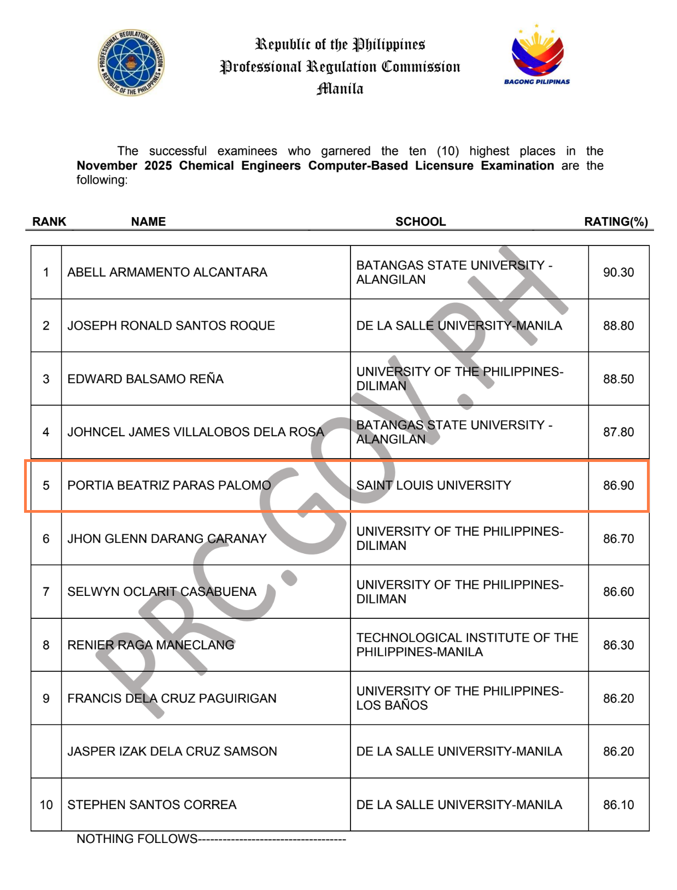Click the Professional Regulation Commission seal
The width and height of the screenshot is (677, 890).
pos(131,63)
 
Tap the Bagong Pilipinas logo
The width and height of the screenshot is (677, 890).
pos(537,55)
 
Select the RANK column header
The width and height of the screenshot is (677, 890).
pos(49,221)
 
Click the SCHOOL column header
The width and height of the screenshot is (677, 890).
pos(421,221)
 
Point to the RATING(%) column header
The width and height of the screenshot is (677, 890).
pos(616,221)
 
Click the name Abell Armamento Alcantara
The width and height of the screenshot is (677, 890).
pos(167,272)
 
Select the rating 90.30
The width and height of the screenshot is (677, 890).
pos(618,272)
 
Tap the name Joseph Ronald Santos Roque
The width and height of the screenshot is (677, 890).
pos(171,326)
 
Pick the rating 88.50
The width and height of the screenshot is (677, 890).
pos(618,379)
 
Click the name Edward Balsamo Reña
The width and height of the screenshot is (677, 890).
pos(145,379)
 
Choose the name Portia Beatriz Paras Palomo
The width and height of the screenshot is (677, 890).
pos(169,485)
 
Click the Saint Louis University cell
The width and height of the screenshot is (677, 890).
pos(434,485)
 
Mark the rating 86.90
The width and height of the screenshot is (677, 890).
pos(618,485)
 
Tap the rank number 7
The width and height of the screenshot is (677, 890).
pos(46,592)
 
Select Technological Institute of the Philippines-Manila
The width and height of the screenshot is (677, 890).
pos(467,645)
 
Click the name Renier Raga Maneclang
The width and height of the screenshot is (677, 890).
pos(151,645)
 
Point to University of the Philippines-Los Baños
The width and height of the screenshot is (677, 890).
pos(459,698)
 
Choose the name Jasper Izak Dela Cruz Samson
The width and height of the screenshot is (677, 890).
pos(172,752)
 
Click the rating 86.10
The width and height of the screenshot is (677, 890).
pos(618,805)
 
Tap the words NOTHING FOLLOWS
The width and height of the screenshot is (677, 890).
pos(137,839)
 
